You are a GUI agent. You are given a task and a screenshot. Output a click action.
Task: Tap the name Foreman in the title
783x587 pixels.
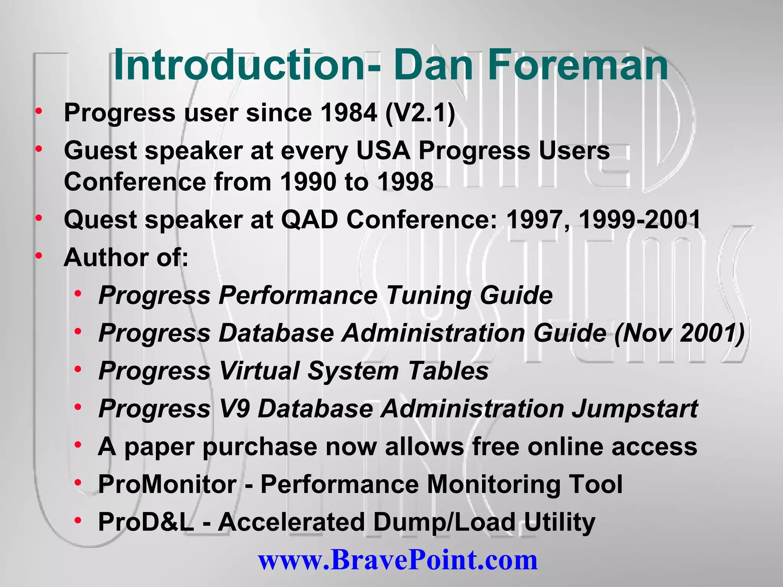[578, 65]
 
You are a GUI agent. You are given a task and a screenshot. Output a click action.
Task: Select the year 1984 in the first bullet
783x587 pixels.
[349, 113]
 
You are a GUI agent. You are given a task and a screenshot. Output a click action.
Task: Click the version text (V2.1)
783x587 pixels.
[420, 113]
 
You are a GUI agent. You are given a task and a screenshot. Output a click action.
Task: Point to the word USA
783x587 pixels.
[383, 150]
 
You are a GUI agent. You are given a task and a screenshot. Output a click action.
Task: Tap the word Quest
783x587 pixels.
[101, 220]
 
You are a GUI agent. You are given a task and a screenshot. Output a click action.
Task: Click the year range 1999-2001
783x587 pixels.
[640, 220]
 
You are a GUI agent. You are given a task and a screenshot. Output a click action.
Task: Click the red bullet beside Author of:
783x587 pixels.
[39, 255]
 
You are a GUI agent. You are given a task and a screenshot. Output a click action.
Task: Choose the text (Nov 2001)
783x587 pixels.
[679, 333]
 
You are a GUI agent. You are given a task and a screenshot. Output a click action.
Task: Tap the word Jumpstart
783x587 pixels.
[635, 409]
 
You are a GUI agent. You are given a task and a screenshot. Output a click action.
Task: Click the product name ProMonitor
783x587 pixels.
[167, 484]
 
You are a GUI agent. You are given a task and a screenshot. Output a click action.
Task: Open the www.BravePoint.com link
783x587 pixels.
[398, 560]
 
